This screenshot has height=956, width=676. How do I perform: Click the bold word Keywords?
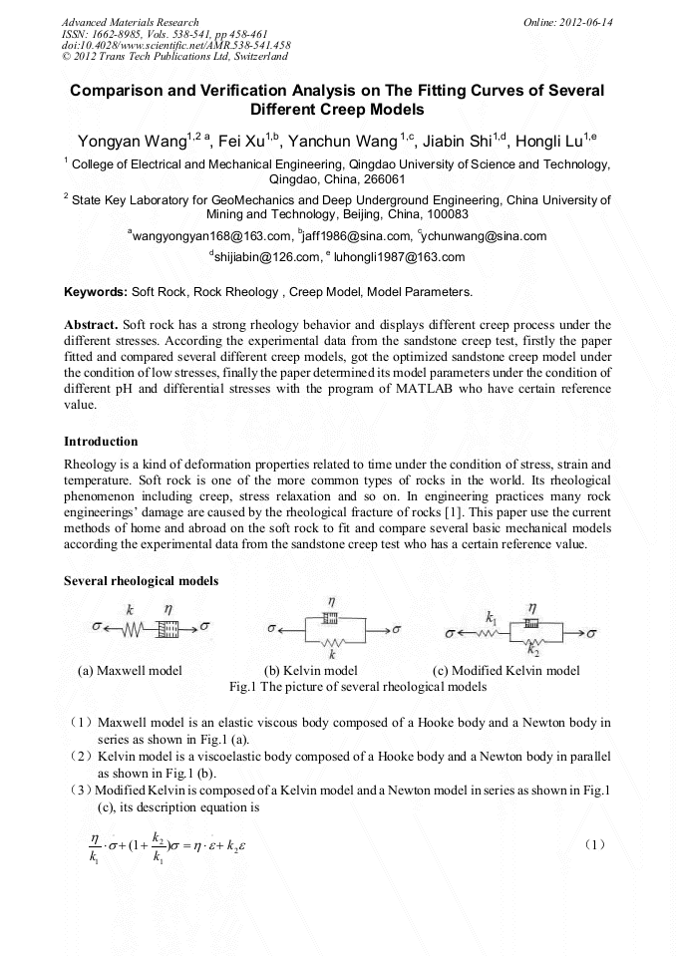click(x=95, y=292)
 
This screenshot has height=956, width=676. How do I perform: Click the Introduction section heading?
click(x=101, y=441)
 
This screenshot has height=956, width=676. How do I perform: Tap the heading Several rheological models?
click(x=141, y=580)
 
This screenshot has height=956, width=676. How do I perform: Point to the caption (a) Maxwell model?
click(x=130, y=671)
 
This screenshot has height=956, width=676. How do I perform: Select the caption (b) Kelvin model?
click(x=310, y=671)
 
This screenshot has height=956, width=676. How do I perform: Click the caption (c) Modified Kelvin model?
click(x=506, y=671)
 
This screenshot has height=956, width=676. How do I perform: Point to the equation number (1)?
click(x=595, y=844)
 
